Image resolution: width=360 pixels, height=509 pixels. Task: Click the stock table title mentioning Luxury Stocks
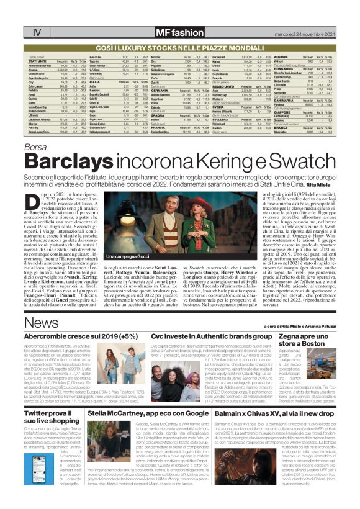click(179, 47)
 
